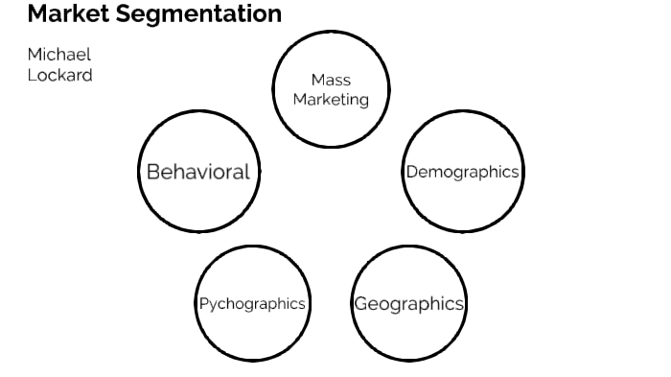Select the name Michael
[x=59, y=54]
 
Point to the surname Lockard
[x=59, y=74]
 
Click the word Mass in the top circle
[x=331, y=81]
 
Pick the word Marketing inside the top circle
[x=331, y=99]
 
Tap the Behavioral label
[x=197, y=172]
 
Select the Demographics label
[x=462, y=172]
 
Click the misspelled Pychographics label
[x=252, y=303]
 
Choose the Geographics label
[x=408, y=304]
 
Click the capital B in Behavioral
[x=152, y=172]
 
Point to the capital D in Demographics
[x=411, y=172]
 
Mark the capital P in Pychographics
[x=204, y=303]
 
